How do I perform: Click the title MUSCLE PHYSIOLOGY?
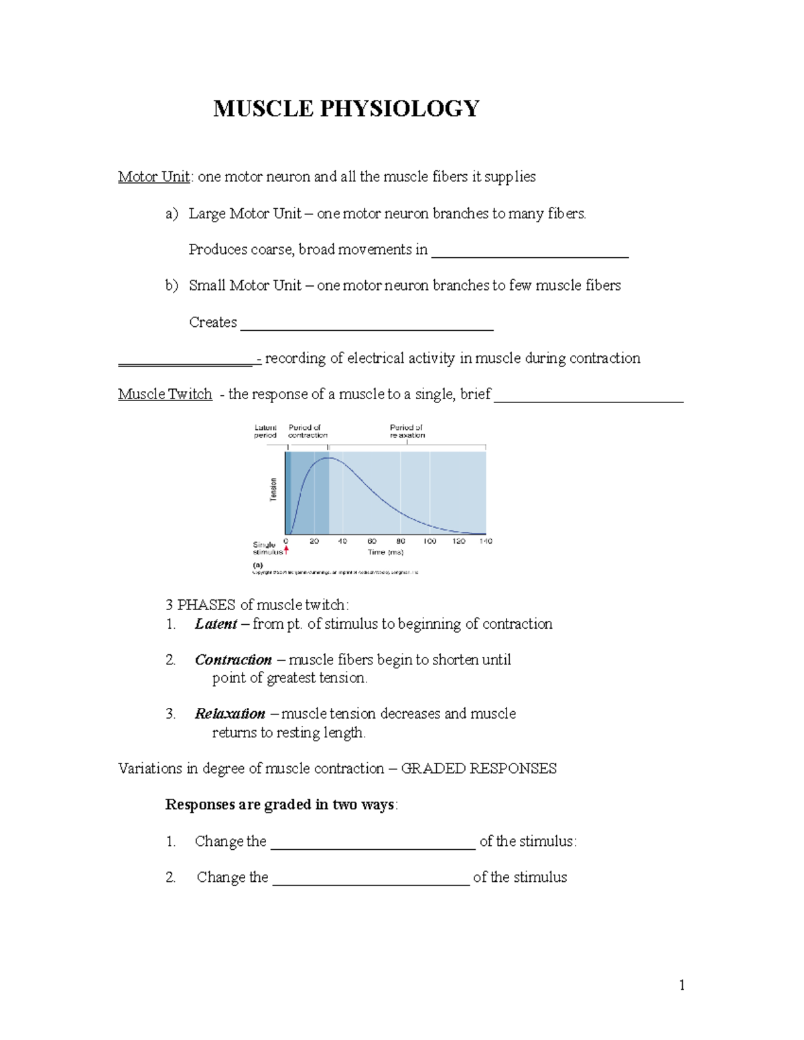pyautogui.click(x=346, y=108)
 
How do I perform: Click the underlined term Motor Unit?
pyautogui.click(x=153, y=177)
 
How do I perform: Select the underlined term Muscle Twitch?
pyautogui.click(x=165, y=394)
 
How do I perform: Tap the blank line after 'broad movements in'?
pyautogui.click(x=529, y=253)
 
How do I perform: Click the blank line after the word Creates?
pyautogui.click(x=366, y=325)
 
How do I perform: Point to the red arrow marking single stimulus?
pyautogui.click(x=286, y=551)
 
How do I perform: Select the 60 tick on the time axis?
pyautogui.click(x=372, y=541)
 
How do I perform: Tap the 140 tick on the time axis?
pyautogui.click(x=486, y=541)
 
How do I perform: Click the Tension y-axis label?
pyautogui.click(x=273, y=490)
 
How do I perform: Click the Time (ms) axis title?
pyautogui.click(x=386, y=552)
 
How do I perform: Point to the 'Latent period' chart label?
pyautogui.click(x=265, y=431)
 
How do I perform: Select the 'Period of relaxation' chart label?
pyautogui.click(x=407, y=431)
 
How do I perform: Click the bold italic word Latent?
pyautogui.click(x=216, y=624)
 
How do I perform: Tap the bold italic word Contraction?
pyautogui.click(x=233, y=660)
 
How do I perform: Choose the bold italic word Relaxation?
pyautogui.click(x=230, y=714)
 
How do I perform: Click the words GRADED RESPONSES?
pyautogui.click(x=478, y=769)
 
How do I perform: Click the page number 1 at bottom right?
pyautogui.click(x=681, y=985)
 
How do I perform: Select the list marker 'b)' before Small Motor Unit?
pyautogui.click(x=172, y=286)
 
